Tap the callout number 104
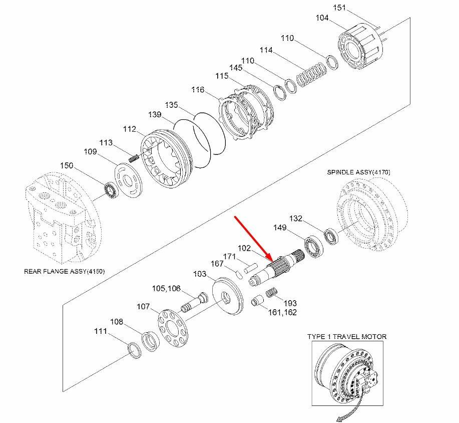[x=322, y=18]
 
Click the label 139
[x=155, y=115]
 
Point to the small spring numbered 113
[x=134, y=158]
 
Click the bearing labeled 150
[x=110, y=189]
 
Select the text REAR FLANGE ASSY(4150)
[x=65, y=272]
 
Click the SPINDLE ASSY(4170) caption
[x=359, y=172]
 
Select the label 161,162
[x=283, y=312]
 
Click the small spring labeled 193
[x=270, y=292]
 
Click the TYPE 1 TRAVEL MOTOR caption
[x=347, y=336]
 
